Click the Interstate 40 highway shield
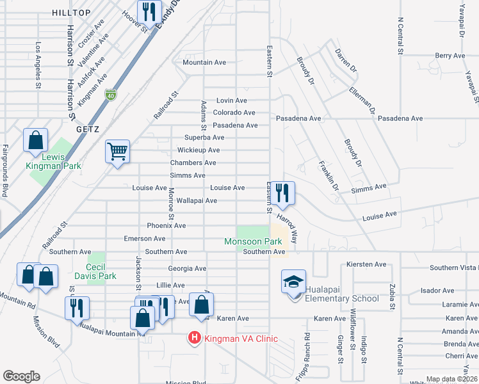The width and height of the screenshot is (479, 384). pos(111,94)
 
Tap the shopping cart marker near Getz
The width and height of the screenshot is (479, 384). pos(117,152)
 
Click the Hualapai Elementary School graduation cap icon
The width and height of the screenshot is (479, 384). pos(293,282)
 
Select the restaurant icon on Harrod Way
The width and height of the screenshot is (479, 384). pos(282,193)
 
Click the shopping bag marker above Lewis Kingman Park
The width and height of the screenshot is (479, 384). pos(35,140)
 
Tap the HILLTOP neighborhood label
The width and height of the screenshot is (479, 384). pos(71,13)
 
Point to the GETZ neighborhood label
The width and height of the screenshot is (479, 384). pos(86,129)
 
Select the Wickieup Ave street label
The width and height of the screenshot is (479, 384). pos(199,150)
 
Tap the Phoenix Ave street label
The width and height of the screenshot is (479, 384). pos(166,226)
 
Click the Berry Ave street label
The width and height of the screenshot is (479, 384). pos(450,56)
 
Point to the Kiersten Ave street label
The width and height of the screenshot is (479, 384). pos(366,264)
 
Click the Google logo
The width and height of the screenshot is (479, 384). pos(21,377)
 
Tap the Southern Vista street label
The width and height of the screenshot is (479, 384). pos(454,268)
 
